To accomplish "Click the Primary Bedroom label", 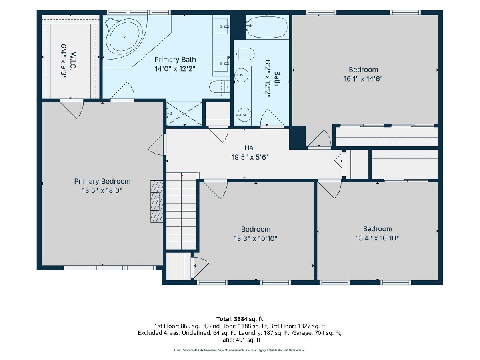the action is [102, 182].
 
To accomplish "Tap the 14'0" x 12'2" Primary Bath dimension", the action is [175, 69].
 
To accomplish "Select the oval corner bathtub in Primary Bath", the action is [125, 37].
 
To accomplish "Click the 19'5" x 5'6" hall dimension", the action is [250, 157].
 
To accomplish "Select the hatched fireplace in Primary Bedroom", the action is [156, 201].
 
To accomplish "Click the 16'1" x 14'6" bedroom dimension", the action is [363, 79].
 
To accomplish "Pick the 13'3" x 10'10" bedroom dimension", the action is [256, 238].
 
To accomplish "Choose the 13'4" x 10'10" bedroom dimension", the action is [377, 238].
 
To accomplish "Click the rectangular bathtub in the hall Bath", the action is [267, 27].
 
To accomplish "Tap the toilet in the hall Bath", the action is [244, 54].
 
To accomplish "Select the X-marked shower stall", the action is [184, 114].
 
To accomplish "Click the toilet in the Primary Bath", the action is [220, 87].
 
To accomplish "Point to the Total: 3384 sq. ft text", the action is [240, 319].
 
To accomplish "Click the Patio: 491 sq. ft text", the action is [240, 340].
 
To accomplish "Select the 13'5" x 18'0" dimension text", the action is [102, 191].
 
